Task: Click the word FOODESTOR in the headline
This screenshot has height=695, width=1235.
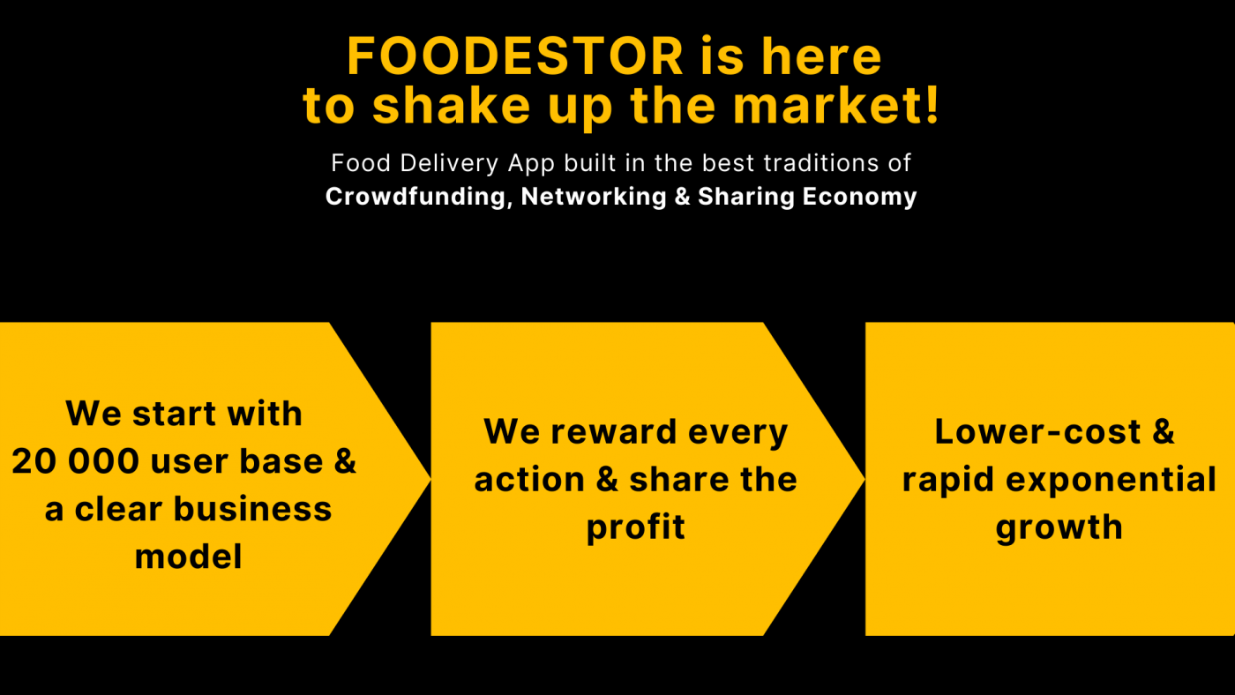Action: point(515,56)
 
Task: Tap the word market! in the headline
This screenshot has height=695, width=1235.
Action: point(835,105)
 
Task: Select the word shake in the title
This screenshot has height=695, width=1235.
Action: point(451,105)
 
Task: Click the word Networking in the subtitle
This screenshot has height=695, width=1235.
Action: point(594,197)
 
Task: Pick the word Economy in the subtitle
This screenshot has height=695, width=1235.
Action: point(859,197)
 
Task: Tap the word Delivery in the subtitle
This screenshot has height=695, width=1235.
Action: point(449,163)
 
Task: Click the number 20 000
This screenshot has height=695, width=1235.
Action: point(75,460)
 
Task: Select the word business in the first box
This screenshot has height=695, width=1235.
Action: point(252,508)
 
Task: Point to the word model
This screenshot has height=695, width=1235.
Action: point(188,557)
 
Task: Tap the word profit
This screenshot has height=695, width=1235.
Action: point(636,527)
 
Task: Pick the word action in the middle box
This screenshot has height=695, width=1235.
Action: point(529,480)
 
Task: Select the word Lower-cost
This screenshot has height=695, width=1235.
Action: point(1037,431)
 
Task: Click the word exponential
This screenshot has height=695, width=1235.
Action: point(1111,480)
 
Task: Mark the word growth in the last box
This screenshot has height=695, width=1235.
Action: point(1059,527)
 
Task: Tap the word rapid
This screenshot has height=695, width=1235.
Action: point(948,480)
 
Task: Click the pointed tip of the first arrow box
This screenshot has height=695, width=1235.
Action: point(430,479)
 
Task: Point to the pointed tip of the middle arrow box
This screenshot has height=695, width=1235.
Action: point(864,479)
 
